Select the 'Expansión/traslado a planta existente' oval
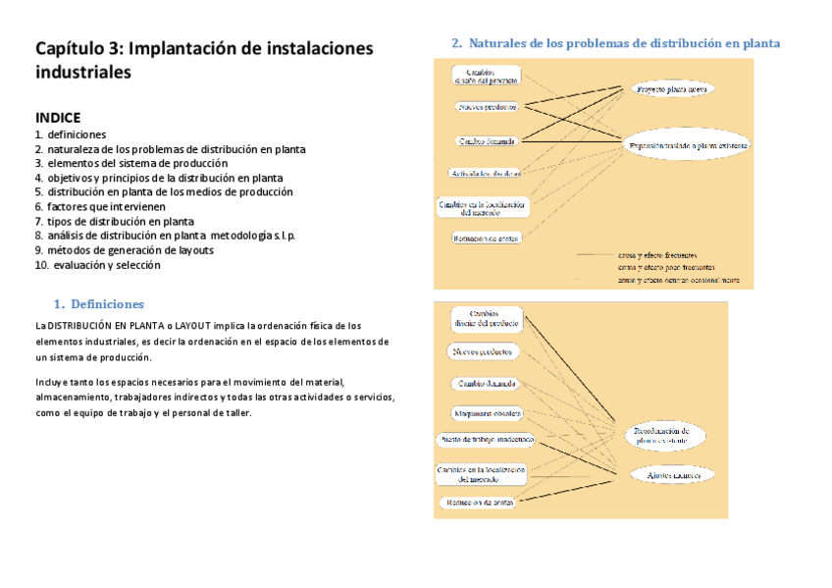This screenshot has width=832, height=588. coord(687,145)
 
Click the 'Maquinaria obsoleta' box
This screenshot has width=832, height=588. coord(487,413)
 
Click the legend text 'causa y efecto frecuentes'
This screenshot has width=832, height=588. coord(657,254)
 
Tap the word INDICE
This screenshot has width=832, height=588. coord(58,116)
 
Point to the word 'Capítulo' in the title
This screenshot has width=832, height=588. coord(71,48)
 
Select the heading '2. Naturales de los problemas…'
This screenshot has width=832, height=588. coord(615,43)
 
